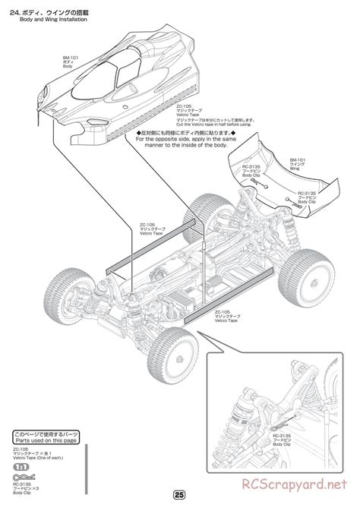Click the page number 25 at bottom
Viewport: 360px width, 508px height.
click(x=179, y=495)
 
